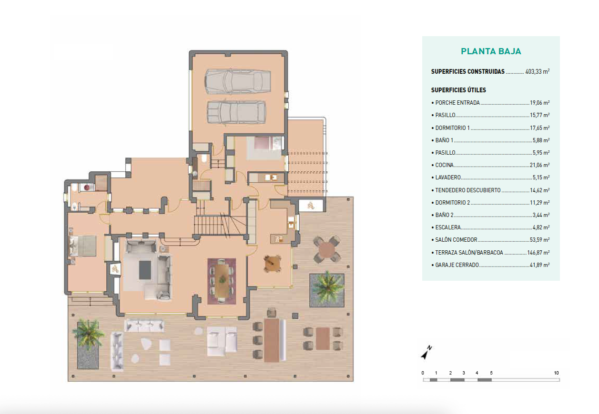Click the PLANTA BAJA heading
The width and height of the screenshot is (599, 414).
(x=491, y=51)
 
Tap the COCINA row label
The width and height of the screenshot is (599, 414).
(x=444, y=165)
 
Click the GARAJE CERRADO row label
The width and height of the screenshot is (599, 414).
(x=457, y=265)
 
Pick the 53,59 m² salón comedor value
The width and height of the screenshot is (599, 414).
(x=539, y=240)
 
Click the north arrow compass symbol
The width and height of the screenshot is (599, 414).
(x=426, y=353)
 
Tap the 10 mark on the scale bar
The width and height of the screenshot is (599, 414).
(x=556, y=373)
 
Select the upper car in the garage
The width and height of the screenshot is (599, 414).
(x=238, y=82)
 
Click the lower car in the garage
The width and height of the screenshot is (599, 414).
(x=236, y=112)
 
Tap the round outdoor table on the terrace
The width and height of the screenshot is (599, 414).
(x=327, y=249)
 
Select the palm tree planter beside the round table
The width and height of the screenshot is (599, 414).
(x=327, y=289)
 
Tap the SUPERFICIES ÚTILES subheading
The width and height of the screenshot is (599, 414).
(x=458, y=90)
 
